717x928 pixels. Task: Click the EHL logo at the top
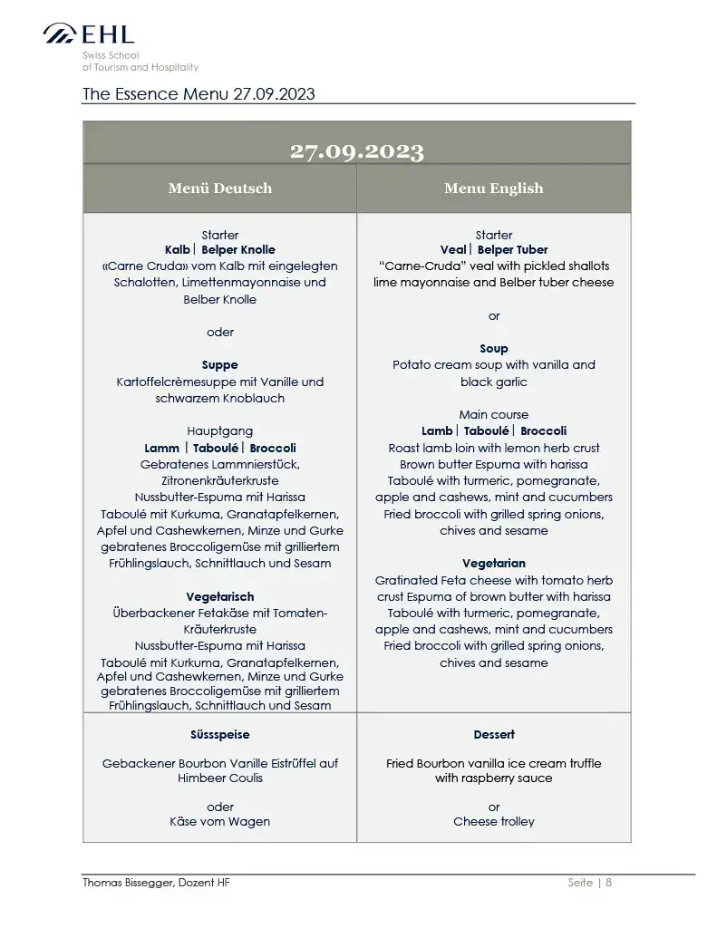click(x=89, y=34)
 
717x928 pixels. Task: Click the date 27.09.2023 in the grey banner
click(x=357, y=151)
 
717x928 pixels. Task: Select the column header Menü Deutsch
click(x=219, y=188)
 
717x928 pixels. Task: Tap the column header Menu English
click(x=493, y=188)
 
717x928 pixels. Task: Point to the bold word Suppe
click(x=220, y=365)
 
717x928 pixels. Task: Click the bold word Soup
click(x=494, y=349)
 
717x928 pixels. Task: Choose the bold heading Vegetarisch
click(x=220, y=597)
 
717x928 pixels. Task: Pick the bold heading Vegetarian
click(x=494, y=564)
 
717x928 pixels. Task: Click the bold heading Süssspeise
click(x=220, y=735)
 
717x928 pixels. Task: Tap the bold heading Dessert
click(x=494, y=735)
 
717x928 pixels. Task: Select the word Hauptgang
click(x=220, y=431)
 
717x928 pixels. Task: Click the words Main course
click(x=494, y=415)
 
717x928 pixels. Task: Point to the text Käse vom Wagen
click(x=220, y=822)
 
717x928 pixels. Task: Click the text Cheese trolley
click(x=494, y=822)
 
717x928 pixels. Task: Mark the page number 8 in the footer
click(x=609, y=883)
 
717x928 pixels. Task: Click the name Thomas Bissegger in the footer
click(x=127, y=883)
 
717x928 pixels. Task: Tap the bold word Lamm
click(x=161, y=448)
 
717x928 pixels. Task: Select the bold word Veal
click(x=452, y=250)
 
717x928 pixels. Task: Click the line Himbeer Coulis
click(x=220, y=778)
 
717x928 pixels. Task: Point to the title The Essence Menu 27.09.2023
click(x=199, y=94)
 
